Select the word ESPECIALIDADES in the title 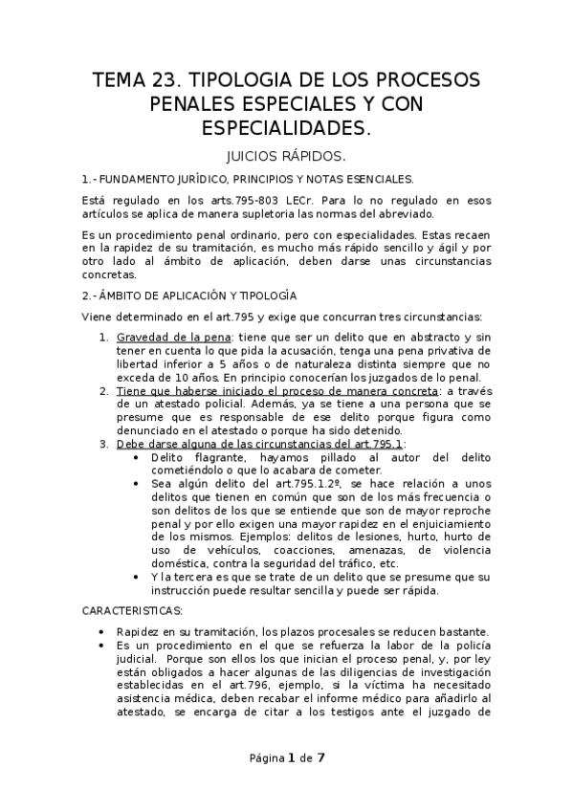[x=286, y=127]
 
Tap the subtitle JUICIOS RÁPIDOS [x=286, y=156]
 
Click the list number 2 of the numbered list [x=103, y=391]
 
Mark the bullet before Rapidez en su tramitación [x=102, y=631]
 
